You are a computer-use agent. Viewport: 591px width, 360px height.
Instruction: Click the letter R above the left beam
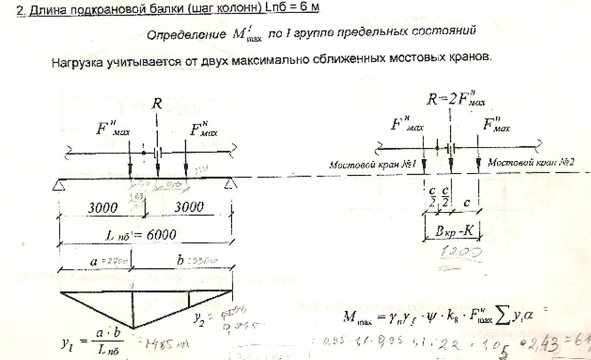point(158,104)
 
